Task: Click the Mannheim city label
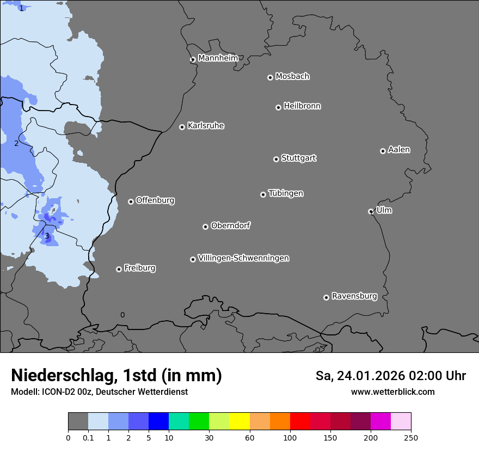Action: [218, 58]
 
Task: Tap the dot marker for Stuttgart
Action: [276, 159]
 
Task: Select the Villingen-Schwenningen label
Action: [243, 258]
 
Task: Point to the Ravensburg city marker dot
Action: [326, 297]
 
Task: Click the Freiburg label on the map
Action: [139, 268]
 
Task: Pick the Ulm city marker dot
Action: [371, 211]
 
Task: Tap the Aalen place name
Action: [399, 150]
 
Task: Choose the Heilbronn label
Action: [302, 106]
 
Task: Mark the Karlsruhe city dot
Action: [182, 127]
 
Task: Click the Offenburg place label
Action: [155, 200]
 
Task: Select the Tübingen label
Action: [286, 193]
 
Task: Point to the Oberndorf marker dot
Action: [205, 227]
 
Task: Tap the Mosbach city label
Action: [292, 77]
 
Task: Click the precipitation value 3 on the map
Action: [47, 236]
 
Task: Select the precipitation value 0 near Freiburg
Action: [122, 315]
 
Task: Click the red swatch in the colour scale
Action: [300, 422]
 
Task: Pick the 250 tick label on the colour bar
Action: [411, 438]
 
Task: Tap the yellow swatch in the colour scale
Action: [239, 422]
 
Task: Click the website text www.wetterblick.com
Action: [392, 392]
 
